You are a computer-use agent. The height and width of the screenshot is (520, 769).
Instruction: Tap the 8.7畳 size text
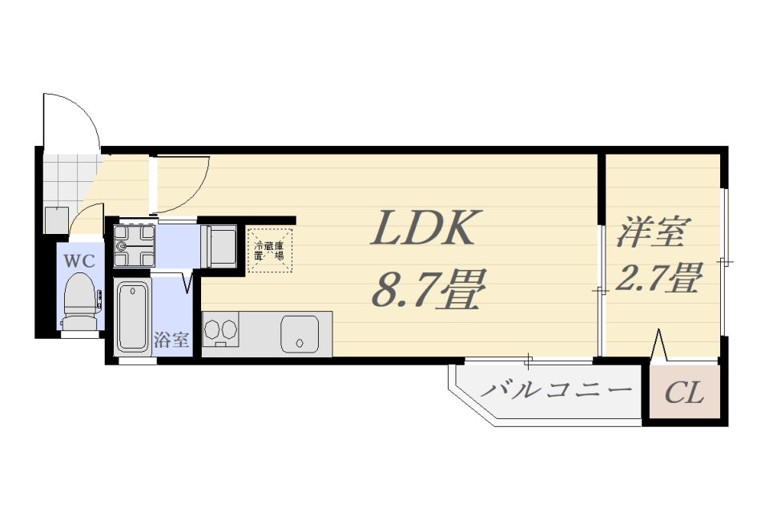[x=428, y=288]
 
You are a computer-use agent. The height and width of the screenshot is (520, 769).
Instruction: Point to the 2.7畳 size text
[x=658, y=277]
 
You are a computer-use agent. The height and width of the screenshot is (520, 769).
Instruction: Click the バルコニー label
[x=556, y=390]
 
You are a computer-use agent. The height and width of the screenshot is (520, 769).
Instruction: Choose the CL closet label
[x=685, y=392]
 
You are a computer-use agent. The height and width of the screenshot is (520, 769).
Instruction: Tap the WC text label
[x=79, y=261]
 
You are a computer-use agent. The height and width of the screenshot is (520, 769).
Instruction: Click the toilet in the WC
[x=82, y=300]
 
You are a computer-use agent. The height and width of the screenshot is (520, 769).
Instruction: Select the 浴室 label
[x=171, y=340]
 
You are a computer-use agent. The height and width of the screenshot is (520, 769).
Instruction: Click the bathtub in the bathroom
[x=133, y=317]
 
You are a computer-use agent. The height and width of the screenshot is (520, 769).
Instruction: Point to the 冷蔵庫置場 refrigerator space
[x=270, y=251]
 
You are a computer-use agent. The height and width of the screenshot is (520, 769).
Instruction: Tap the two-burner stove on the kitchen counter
[x=220, y=329]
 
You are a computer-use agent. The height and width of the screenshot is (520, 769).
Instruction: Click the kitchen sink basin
[x=299, y=334]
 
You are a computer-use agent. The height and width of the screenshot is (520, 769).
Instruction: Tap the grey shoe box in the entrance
[x=56, y=220]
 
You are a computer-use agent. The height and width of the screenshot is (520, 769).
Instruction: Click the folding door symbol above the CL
[x=658, y=345]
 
